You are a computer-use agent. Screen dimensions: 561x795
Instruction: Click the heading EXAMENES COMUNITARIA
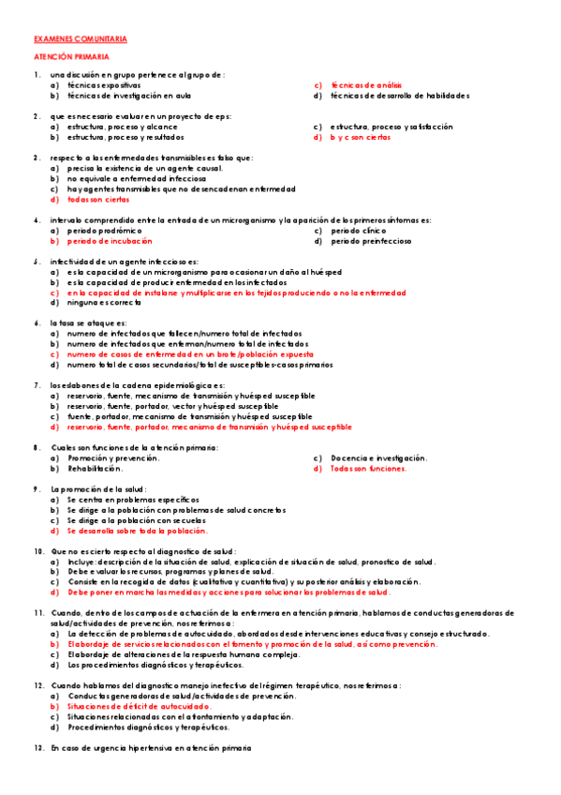(80, 39)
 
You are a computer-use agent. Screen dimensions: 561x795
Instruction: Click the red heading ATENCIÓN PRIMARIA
(71, 57)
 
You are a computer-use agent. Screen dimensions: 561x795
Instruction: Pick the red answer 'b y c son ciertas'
(360, 137)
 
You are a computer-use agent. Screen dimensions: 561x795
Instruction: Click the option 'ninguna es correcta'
(104, 303)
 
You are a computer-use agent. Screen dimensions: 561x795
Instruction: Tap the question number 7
(37, 385)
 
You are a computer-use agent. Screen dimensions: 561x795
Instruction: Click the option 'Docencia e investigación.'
(378, 457)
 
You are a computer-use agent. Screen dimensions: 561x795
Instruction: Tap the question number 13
(38, 747)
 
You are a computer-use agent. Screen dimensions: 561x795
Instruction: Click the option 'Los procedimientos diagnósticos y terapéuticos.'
(155, 665)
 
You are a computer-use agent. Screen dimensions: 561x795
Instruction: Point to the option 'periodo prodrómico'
(104, 230)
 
